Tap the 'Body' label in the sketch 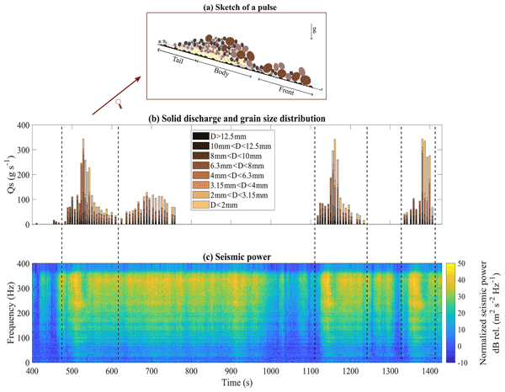tap(221, 74)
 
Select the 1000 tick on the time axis tap(271, 371)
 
